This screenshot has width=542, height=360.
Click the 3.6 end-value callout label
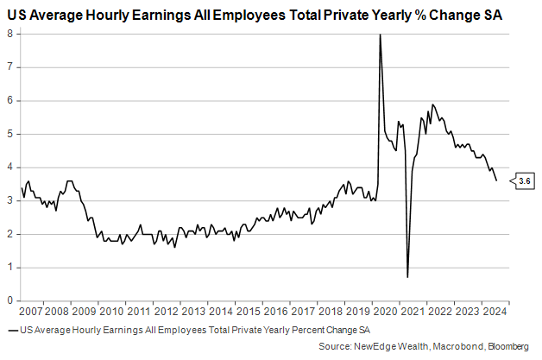525,180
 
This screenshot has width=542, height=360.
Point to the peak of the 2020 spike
380,35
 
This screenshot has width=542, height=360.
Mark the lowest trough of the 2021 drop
406,277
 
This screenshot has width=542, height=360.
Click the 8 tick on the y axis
9,34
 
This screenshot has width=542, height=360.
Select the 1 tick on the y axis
9,268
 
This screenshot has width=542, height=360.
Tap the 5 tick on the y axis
9,134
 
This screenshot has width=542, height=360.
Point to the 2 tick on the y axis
9,234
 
